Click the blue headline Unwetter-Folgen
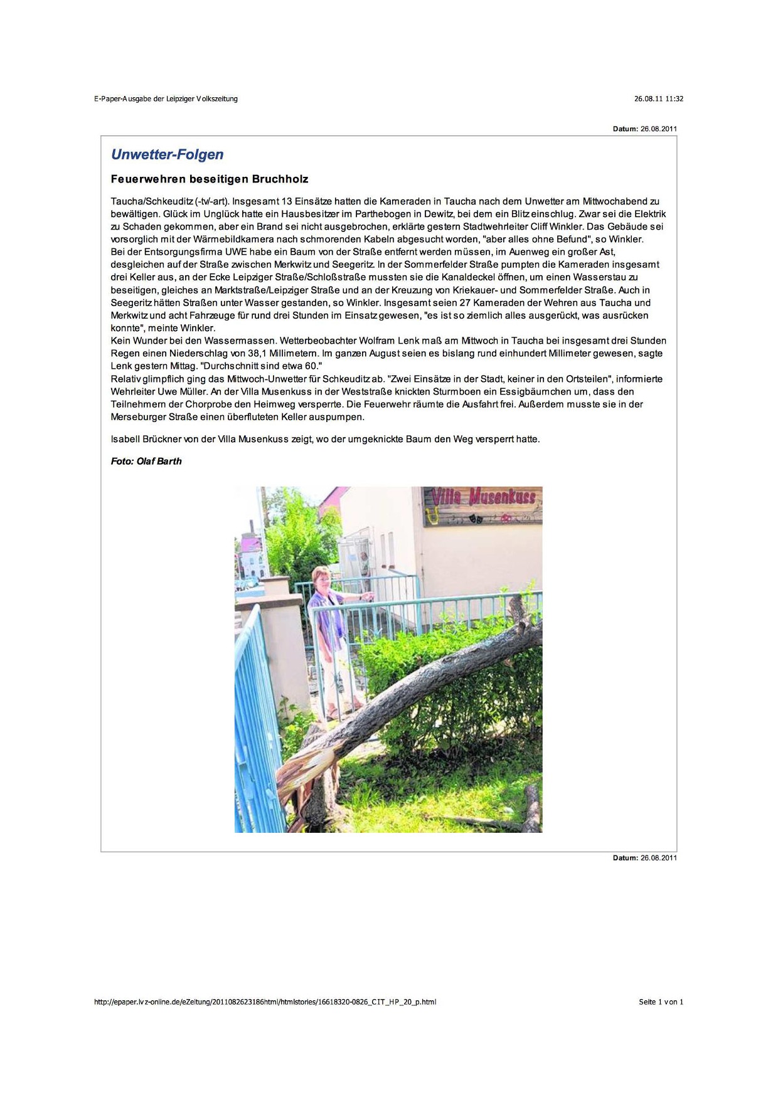tap(167, 154)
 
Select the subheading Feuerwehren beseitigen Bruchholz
tap(210, 179)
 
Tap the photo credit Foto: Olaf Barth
tap(146, 461)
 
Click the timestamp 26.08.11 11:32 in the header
tap(658, 98)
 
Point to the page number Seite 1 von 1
tap(661, 1002)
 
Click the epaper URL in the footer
tap(265, 1002)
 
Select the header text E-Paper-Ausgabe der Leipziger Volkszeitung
tap(166, 98)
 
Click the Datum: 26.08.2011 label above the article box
tap(644, 129)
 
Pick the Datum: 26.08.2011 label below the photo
tap(644, 857)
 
